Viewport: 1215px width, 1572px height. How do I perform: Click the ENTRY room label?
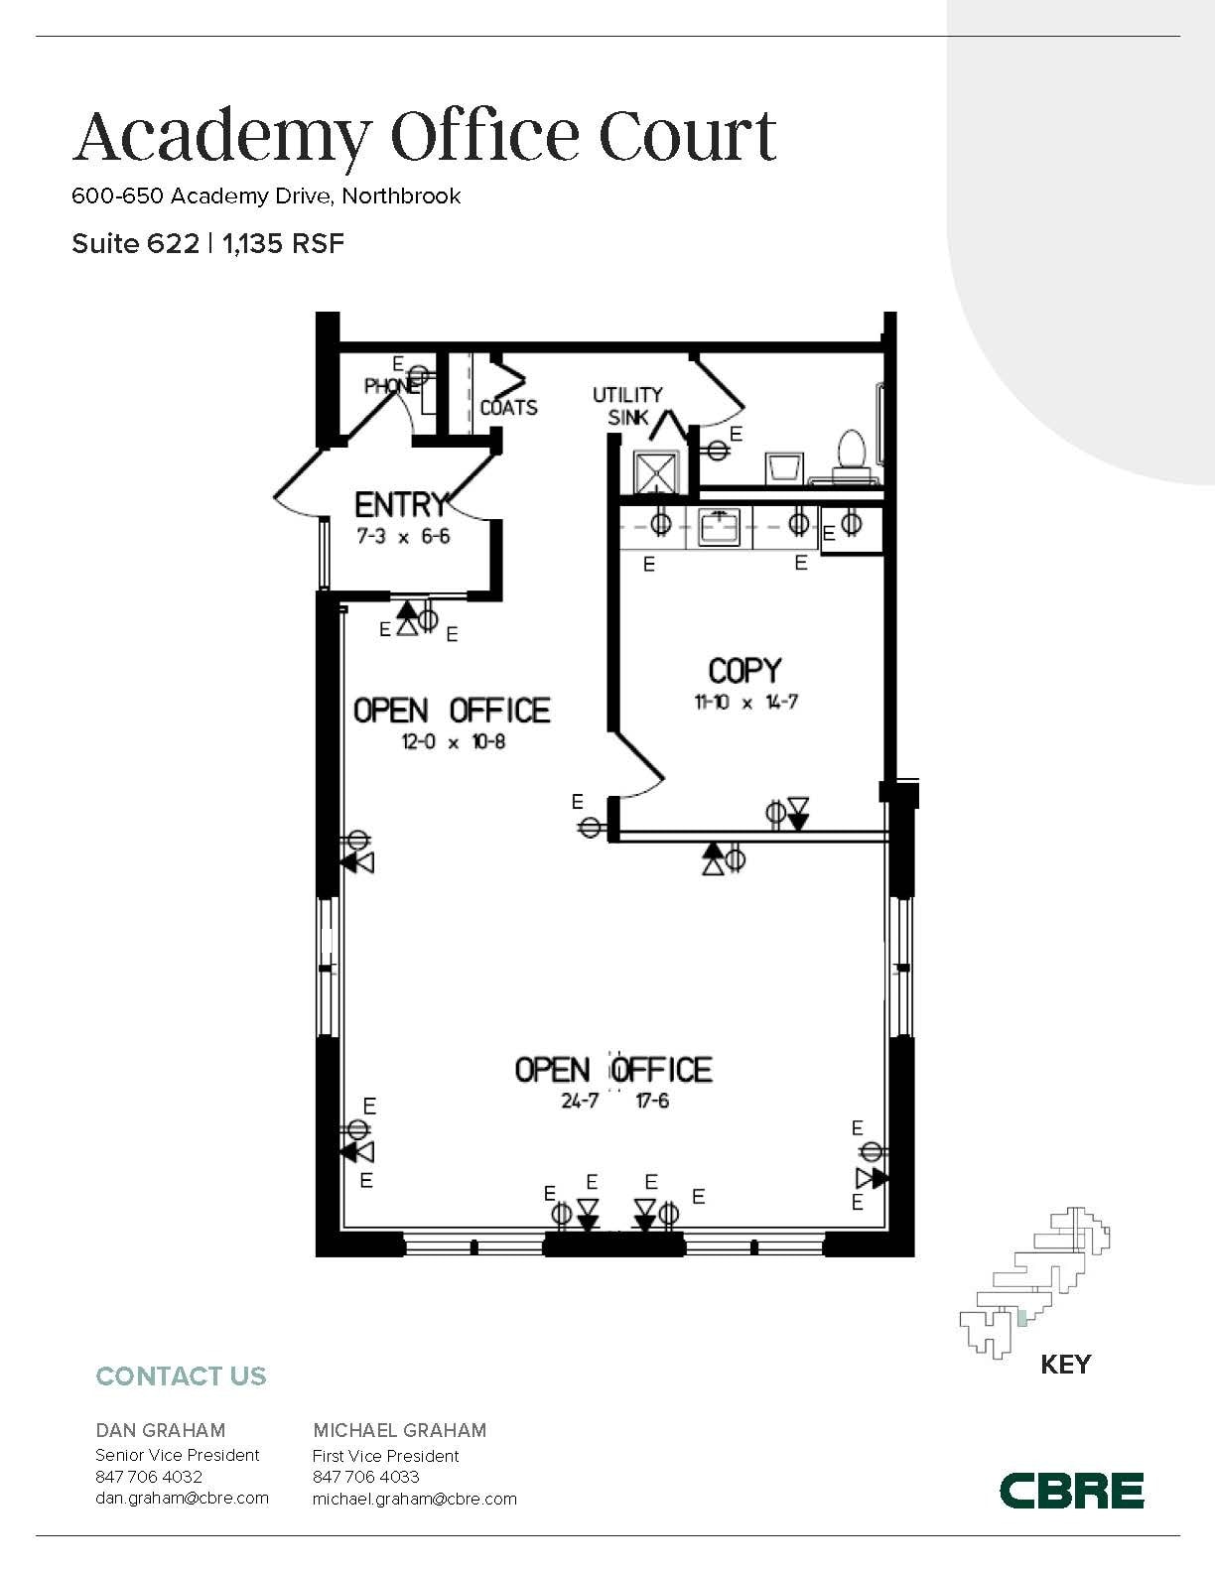[401, 505]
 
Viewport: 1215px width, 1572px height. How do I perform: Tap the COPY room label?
[744, 671]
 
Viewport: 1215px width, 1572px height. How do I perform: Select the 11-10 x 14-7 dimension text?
[745, 702]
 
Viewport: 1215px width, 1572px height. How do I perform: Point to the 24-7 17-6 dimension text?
[614, 1101]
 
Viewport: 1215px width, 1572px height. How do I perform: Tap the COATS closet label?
[508, 407]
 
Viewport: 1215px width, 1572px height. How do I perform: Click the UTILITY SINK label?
[627, 406]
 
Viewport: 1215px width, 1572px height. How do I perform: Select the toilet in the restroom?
[852, 452]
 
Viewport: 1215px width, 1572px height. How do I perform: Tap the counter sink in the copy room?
[719, 527]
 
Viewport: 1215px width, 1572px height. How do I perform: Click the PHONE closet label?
[390, 386]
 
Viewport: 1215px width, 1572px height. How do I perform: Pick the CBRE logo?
[1071, 1490]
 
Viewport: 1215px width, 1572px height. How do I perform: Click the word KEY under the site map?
[1065, 1365]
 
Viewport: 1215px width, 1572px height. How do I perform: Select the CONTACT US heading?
[181, 1376]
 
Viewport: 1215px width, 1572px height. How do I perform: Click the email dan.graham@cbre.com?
[182, 1498]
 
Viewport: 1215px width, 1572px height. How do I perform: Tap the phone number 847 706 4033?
[365, 1477]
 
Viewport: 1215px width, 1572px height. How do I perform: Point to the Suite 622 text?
[135, 244]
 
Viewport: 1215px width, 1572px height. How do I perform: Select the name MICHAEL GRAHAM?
[399, 1430]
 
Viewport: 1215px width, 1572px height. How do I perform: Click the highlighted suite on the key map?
[1021, 1319]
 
